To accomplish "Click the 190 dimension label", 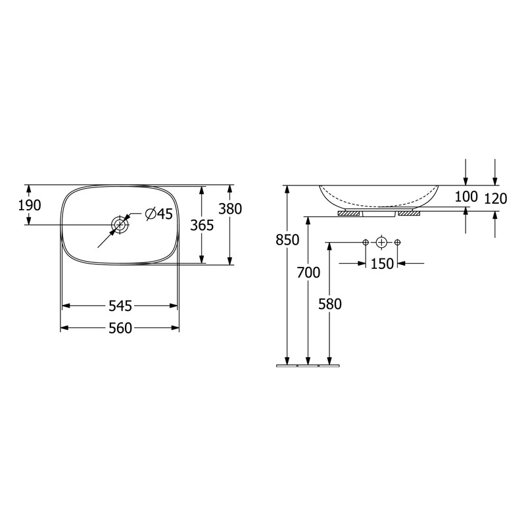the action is point(30,205).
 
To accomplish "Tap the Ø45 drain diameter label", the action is point(159,214).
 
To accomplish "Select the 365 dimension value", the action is point(202,226).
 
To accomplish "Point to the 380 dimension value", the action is point(230,208).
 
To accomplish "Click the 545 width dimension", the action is point(120,306).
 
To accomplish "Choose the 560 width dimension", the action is point(120,327).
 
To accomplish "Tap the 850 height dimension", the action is point(287,240).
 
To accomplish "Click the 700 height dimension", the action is point(308,272).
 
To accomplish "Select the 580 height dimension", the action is point(330,304).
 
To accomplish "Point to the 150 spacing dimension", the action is point(382,264).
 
